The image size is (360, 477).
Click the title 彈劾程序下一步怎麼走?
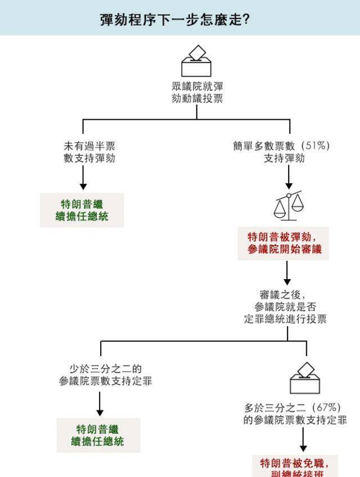(x=174, y=19)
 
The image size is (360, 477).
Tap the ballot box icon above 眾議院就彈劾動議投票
(x=196, y=61)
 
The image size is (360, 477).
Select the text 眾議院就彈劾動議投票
(x=197, y=92)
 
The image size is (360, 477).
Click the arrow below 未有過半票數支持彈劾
(x=83, y=179)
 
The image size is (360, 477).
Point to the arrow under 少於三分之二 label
(x=100, y=403)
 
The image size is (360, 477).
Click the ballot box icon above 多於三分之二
(x=305, y=377)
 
